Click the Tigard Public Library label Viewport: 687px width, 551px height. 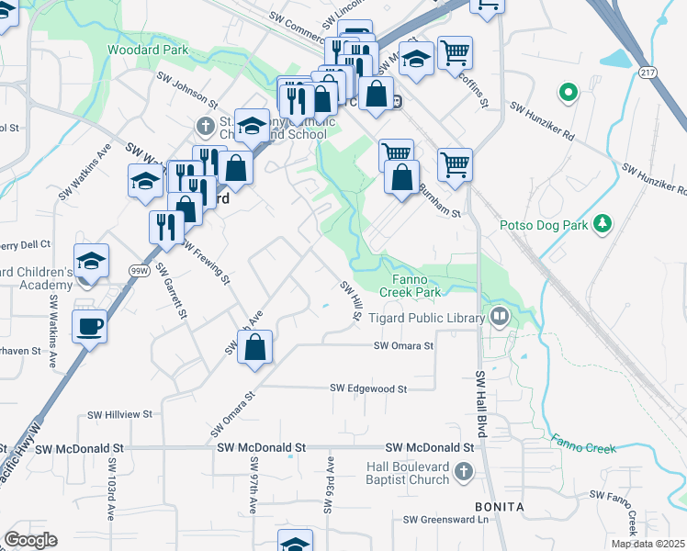(426, 319)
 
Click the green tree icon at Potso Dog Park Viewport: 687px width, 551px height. (603, 223)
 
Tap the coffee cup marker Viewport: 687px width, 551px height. (90, 326)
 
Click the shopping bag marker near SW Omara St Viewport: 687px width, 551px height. (256, 348)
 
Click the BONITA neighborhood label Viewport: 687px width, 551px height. (499, 507)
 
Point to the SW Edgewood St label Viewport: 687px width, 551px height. (368, 388)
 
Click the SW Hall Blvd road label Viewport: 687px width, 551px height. (480, 404)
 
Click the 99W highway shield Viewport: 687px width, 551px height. (139, 270)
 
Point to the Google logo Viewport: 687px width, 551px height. (30, 540)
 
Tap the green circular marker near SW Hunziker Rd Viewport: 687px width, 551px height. (568, 93)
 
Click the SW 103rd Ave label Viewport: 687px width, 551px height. (111, 489)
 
